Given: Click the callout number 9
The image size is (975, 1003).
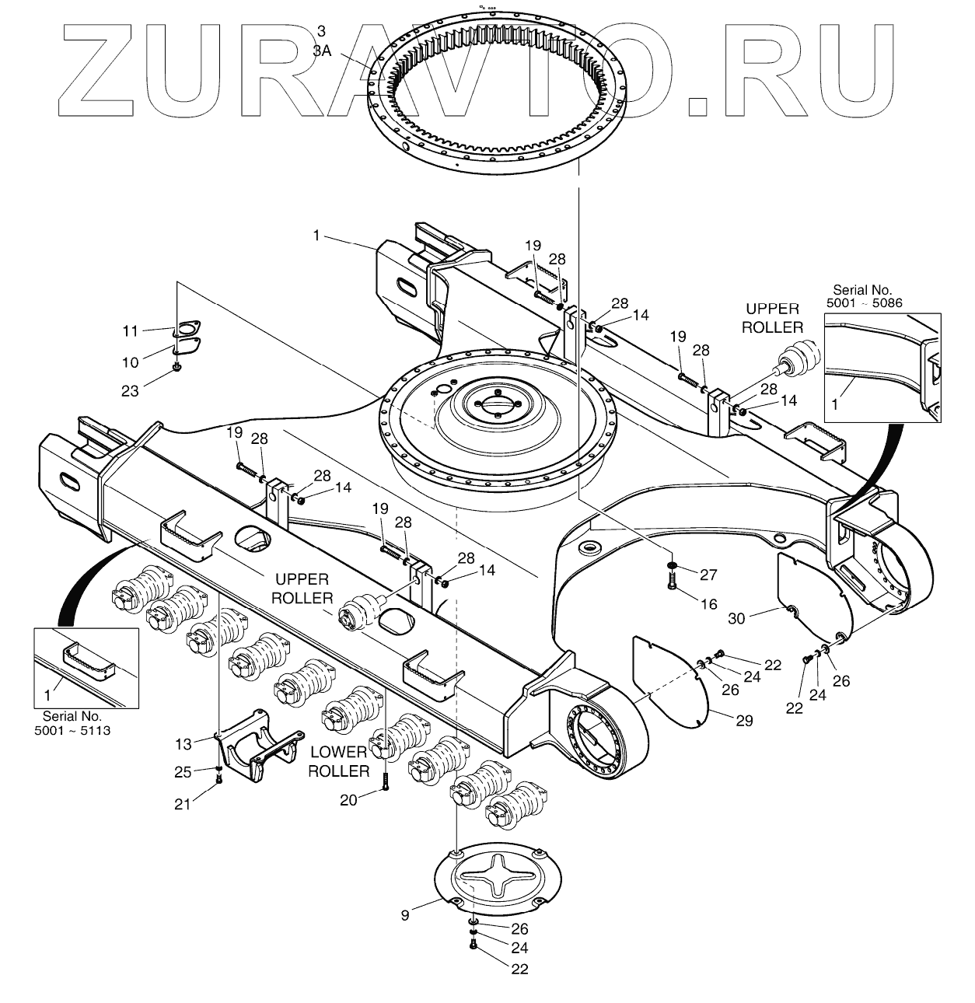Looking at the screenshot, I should click(x=404, y=915).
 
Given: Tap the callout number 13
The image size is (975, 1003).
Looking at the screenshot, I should click(x=183, y=744).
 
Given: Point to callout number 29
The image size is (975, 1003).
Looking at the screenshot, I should click(x=744, y=721).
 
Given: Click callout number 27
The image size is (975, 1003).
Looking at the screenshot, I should click(x=708, y=575).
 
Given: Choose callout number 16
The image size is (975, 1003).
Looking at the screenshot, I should click(x=708, y=603).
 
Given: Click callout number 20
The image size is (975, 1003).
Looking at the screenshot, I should click(x=348, y=799).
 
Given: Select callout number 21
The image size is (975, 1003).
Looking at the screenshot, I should click(x=182, y=804).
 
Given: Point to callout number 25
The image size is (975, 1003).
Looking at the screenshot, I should click(x=182, y=772).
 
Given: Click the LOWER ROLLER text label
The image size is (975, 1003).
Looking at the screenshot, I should click(x=339, y=761).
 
